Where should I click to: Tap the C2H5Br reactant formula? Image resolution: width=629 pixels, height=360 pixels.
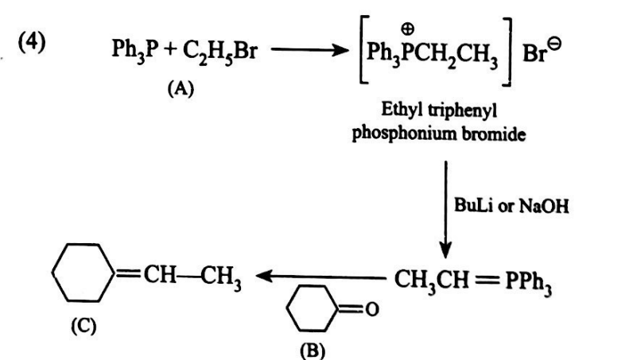point(210,55)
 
